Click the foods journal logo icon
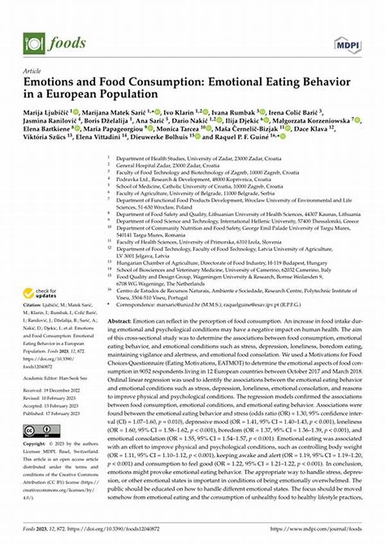(30, 43)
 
